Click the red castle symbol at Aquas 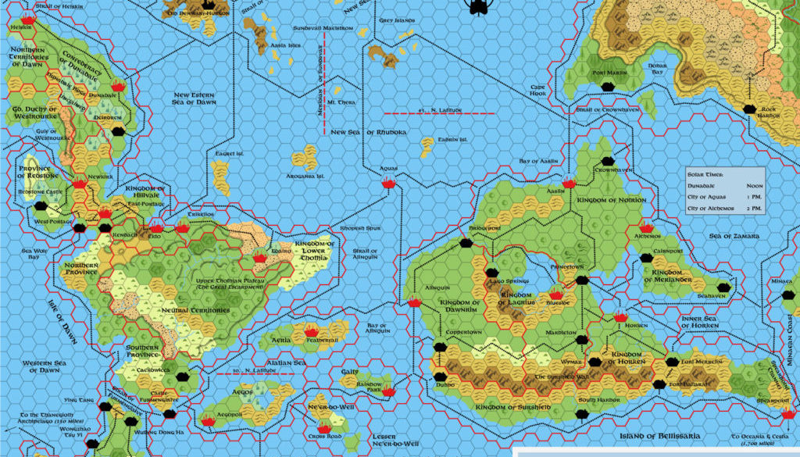(388, 183)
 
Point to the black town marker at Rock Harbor (749, 109)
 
